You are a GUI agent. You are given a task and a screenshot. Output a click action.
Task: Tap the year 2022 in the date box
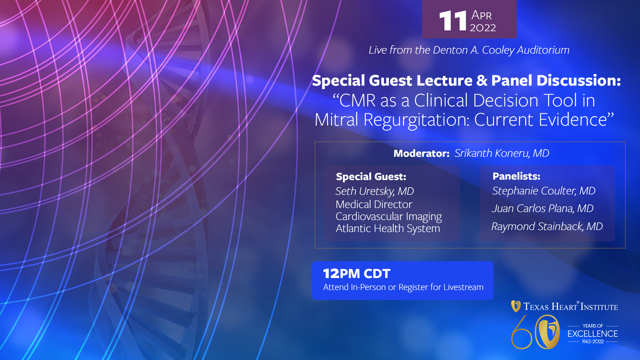pyautogui.click(x=483, y=28)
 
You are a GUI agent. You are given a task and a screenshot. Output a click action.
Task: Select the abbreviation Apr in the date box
pyautogui.click(x=482, y=15)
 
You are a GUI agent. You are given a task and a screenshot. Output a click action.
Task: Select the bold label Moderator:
pyautogui.click(x=422, y=154)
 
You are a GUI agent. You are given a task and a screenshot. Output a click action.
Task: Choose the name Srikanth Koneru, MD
pyautogui.click(x=502, y=154)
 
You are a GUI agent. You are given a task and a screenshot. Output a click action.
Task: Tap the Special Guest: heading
pyautogui.click(x=371, y=176)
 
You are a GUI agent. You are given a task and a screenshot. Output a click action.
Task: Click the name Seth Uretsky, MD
pyautogui.click(x=374, y=191)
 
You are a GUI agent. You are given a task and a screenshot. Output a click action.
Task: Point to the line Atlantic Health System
pyautogui.click(x=388, y=228)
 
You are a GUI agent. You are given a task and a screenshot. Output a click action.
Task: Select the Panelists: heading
pyautogui.click(x=516, y=176)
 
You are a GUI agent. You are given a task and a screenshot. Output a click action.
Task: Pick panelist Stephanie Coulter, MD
pyautogui.click(x=544, y=191)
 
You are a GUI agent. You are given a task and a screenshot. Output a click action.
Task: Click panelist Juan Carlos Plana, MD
pyautogui.click(x=542, y=208)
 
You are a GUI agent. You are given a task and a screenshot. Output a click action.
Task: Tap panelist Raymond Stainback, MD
pyautogui.click(x=547, y=226)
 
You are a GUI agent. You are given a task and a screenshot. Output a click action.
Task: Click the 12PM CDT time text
pyautogui.click(x=356, y=274)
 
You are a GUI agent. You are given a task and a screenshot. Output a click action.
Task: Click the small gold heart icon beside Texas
pyautogui.click(x=516, y=306)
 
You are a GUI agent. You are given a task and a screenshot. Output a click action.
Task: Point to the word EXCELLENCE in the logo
pyautogui.click(x=592, y=334)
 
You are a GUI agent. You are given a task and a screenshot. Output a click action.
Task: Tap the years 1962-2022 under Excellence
pyautogui.click(x=593, y=342)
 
